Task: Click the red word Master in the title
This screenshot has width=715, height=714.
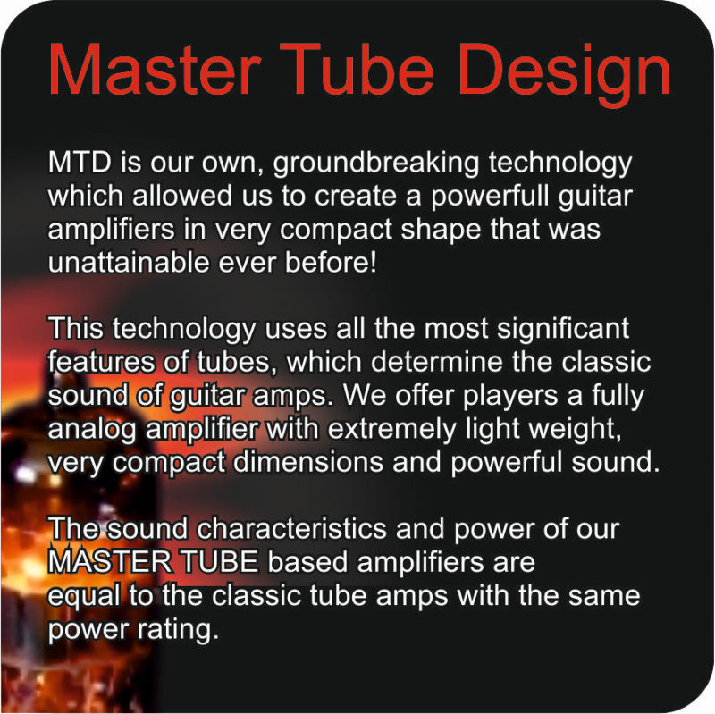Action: [x=155, y=69]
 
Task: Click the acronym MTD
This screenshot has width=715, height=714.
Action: [x=80, y=162]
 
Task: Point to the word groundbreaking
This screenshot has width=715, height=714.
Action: [x=376, y=164]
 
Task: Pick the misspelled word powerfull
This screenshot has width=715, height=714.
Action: [x=490, y=197]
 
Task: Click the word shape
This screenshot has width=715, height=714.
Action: [x=441, y=231]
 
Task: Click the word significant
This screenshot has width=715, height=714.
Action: [x=563, y=330]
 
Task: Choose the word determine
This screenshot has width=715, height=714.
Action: [x=436, y=363]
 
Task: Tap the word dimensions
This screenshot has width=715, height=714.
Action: [x=307, y=462]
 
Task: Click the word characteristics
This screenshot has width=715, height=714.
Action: [x=292, y=529]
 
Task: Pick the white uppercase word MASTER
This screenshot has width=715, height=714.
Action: [x=110, y=562]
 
